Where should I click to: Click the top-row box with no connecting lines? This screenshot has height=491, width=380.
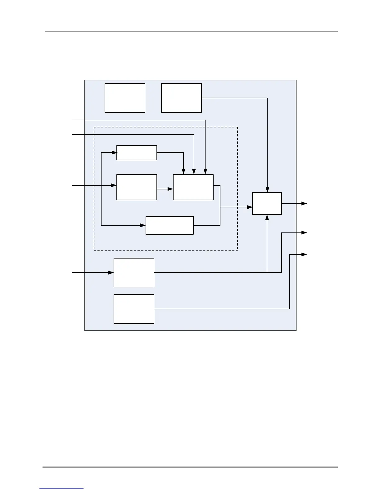125,98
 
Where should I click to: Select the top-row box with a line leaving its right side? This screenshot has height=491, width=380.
181,98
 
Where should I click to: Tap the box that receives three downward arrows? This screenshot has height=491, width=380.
193,187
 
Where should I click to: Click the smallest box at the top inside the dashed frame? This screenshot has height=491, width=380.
137,153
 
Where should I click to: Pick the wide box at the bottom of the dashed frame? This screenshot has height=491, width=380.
170,225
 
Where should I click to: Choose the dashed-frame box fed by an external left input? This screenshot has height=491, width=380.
137,187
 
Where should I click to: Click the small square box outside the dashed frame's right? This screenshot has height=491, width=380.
267,203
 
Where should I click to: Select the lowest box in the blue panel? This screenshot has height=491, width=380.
134,309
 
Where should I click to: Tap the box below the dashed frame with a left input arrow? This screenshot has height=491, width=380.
134,272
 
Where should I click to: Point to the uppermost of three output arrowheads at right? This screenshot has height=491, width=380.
305,203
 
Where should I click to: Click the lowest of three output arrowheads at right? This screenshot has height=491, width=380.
305,254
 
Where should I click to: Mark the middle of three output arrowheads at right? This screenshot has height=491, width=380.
305,232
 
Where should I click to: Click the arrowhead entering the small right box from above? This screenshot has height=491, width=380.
267,190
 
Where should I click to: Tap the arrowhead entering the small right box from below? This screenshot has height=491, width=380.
267,217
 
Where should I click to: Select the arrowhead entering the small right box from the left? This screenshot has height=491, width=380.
250,207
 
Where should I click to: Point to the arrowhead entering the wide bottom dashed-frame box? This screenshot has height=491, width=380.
143,225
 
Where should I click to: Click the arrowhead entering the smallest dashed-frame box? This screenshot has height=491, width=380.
114,153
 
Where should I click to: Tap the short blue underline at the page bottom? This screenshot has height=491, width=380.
61,488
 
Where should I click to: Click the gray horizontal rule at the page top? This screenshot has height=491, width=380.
191,31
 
